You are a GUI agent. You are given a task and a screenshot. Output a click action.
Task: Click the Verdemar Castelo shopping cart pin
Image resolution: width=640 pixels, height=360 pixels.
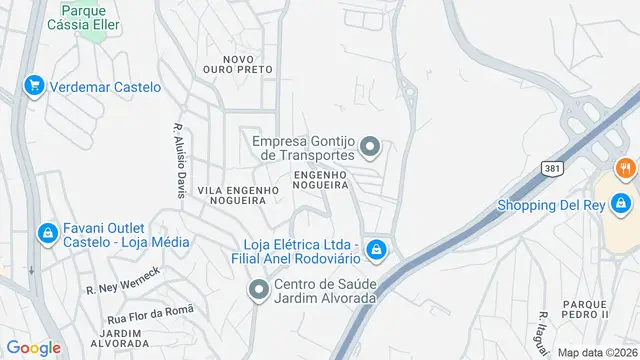34,87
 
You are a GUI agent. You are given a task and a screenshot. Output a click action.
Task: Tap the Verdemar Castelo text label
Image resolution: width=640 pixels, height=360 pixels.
104,87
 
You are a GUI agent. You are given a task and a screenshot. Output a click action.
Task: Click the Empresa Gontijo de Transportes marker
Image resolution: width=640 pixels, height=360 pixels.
370,149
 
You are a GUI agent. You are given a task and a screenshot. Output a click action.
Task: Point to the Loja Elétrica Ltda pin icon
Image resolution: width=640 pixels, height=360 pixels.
375,248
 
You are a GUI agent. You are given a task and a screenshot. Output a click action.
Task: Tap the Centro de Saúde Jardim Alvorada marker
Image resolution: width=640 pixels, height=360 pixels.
256,290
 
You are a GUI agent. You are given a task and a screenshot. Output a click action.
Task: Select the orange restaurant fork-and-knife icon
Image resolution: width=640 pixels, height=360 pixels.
625,168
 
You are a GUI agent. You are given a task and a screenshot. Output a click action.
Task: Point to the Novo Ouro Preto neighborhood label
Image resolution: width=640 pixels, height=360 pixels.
238,65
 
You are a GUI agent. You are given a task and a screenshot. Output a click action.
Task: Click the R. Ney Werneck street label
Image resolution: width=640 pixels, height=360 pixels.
123,281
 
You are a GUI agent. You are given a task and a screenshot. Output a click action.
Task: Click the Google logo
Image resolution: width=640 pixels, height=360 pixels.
33,348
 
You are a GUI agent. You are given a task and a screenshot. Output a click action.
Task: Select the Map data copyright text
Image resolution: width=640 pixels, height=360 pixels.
596,352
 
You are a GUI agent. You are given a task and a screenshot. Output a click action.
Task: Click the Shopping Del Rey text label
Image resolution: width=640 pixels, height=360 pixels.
552,206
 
